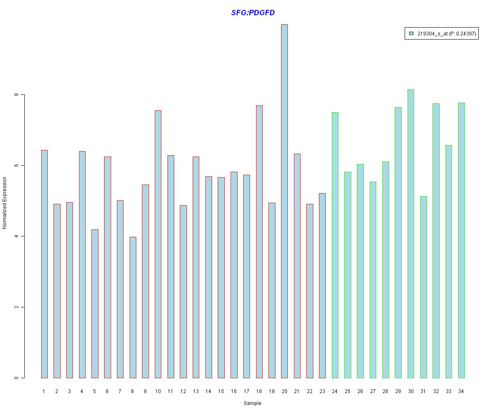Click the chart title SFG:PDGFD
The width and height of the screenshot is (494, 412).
tap(253, 13)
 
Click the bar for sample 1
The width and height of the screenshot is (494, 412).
tap(44, 264)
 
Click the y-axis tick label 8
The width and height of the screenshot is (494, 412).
tap(16, 95)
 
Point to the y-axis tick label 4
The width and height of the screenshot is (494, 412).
tap(16, 236)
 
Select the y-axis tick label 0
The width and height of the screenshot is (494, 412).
tap(16, 378)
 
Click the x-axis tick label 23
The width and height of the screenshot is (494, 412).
tap(322, 391)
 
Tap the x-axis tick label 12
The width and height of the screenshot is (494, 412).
tap(183, 391)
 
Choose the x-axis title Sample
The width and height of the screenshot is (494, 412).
tap(252, 403)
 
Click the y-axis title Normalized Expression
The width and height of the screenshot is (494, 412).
tap(5, 203)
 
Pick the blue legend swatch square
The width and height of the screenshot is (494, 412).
tap(411, 34)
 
